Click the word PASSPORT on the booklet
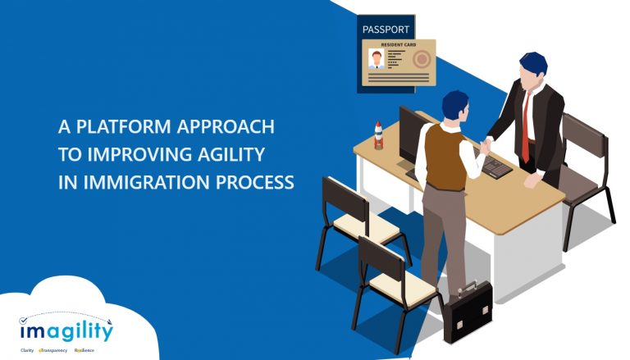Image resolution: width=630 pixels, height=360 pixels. (x=386, y=29)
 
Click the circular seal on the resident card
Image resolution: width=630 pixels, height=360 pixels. (x=422, y=60)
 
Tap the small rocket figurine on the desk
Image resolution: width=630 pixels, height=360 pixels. (x=379, y=134)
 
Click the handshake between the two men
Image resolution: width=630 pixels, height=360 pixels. (x=486, y=145)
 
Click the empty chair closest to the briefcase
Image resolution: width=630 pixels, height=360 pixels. (x=386, y=279)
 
